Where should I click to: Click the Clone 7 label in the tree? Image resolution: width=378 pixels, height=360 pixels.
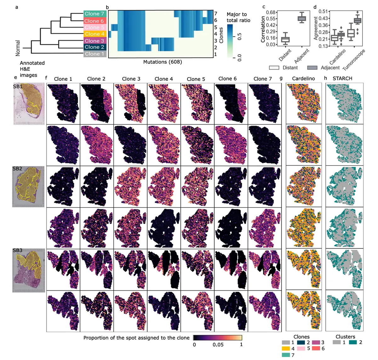[x=94, y=14]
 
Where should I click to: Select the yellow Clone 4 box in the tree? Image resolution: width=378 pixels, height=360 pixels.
[x=94, y=34]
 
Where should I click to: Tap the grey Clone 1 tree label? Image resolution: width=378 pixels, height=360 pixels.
[x=94, y=54]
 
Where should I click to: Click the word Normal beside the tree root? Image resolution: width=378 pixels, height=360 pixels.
[x=18, y=48]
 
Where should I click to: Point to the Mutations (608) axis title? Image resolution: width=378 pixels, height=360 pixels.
[x=163, y=62]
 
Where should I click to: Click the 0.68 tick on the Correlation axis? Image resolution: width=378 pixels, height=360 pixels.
[x=271, y=12]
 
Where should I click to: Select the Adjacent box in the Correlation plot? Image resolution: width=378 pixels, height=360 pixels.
[x=302, y=18]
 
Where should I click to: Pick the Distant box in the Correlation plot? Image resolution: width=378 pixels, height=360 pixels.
[x=285, y=39]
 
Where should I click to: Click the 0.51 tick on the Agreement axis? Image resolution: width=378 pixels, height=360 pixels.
[x=323, y=11]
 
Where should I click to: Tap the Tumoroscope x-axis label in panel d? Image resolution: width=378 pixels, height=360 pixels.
[x=354, y=60]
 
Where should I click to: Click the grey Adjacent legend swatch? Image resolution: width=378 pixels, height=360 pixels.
[x=312, y=68]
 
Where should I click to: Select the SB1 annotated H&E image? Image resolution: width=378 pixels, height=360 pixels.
[x=29, y=103]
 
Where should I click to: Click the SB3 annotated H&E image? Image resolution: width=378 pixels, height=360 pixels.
[x=29, y=270]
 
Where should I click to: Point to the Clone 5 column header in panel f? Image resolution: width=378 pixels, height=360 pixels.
[x=196, y=79]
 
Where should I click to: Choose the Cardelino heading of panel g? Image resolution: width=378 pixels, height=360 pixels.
[x=303, y=78]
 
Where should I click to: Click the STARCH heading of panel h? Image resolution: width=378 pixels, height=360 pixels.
[x=342, y=78]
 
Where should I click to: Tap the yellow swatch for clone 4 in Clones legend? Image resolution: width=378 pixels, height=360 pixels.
[x=286, y=349]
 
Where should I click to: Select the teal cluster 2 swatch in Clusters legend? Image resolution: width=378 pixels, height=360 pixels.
[x=353, y=342]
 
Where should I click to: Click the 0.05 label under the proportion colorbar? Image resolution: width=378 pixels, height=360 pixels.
[x=218, y=345]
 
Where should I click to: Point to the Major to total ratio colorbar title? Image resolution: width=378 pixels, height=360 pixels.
[x=238, y=17]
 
